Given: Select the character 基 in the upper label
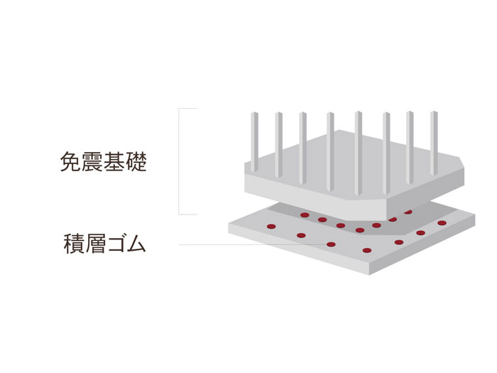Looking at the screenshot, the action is tap(114, 162).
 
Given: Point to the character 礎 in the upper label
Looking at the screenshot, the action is tap(136, 162).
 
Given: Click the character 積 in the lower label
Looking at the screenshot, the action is tap(74, 244).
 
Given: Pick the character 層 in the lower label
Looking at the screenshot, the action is tap(94, 244).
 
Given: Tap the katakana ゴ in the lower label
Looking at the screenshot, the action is tap(115, 244).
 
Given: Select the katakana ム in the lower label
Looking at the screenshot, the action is tap(136, 244).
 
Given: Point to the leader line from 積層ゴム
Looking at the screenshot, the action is tap(253, 244).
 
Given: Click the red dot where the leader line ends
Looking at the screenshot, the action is tap(331, 244).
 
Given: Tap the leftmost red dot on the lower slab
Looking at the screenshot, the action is tap(271, 227).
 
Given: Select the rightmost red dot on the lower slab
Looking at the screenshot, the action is tap(442, 223).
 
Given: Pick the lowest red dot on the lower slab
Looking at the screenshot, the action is tap(367, 250).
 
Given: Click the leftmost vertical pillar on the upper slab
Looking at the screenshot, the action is tap(254, 142).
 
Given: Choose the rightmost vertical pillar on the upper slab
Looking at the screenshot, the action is tap(434, 144).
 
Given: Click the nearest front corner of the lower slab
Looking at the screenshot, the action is tap(369, 274).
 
